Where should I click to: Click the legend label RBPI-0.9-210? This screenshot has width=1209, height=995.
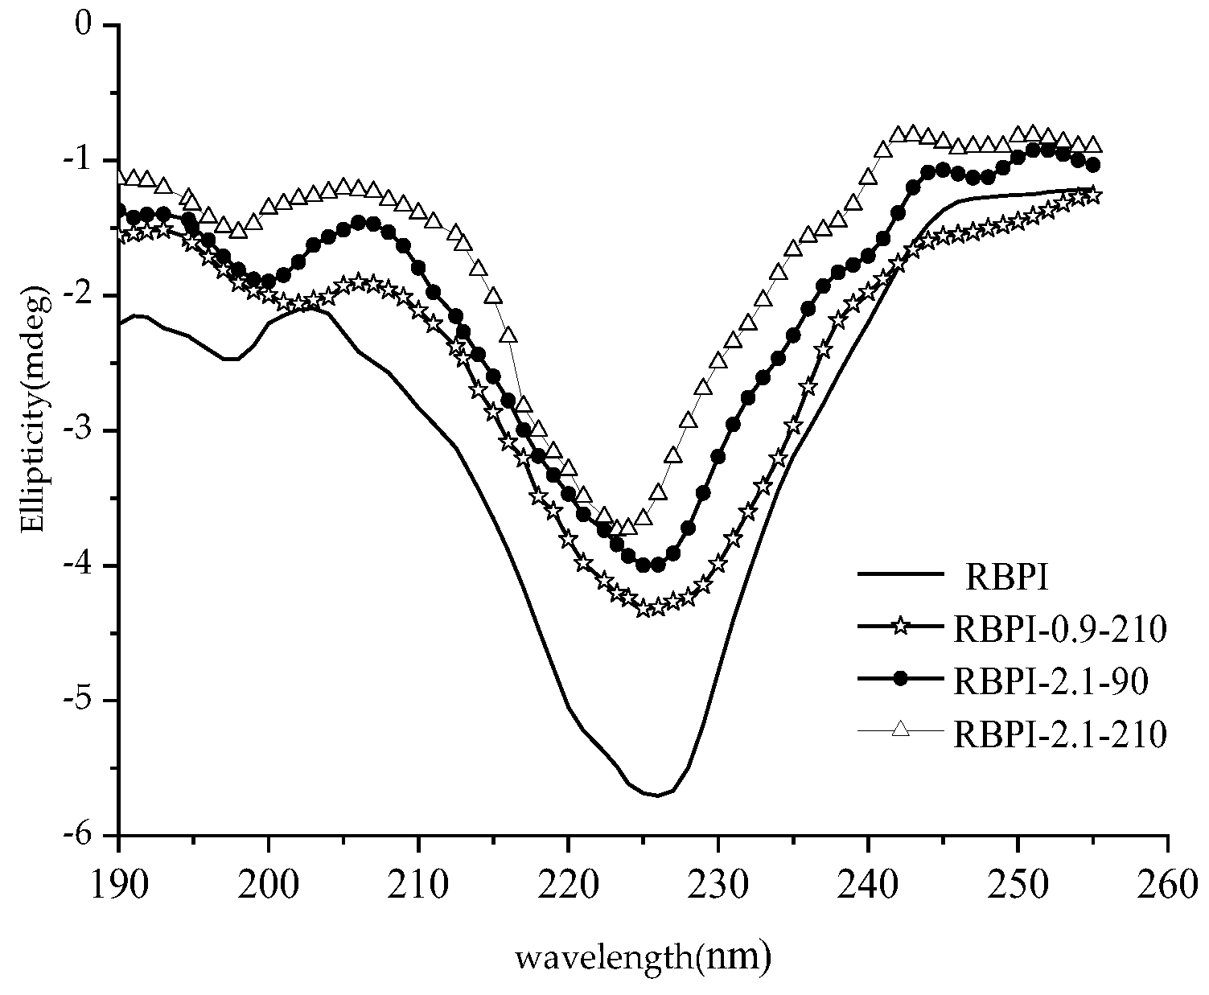click(x=1059, y=628)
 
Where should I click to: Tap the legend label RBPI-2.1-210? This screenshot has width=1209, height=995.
click(x=1059, y=733)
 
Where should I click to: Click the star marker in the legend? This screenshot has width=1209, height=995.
click(x=900, y=627)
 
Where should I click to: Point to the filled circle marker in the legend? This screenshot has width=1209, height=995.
click(x=900, y=680)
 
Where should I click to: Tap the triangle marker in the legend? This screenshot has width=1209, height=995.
click(x=900, y=730)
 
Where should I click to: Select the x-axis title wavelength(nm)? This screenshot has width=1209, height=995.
click(x=644, y=956)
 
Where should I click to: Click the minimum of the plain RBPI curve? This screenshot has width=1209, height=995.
click(x=657, y=796)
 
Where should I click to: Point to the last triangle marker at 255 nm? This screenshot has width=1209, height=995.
click(x=1093, y=145)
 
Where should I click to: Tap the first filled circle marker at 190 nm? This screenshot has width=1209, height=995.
click(x=119, y=212)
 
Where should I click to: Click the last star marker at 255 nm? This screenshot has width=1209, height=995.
click(x=1093, y=196)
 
